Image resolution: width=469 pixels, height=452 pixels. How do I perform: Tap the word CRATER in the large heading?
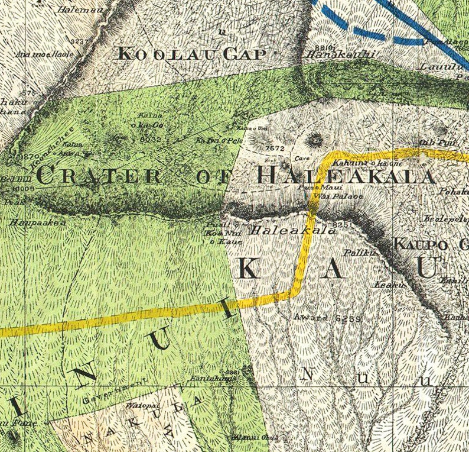(98, 176)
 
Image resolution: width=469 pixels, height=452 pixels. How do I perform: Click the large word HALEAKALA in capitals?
(346, 176)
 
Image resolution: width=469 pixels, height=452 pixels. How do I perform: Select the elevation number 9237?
(79, 41)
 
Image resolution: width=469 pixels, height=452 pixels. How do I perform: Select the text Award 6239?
(327, 318)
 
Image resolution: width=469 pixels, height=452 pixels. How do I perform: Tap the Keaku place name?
(383, 285)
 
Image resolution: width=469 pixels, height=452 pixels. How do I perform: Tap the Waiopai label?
(139, 406)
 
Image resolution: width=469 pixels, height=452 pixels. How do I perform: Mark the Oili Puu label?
(431, 143)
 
